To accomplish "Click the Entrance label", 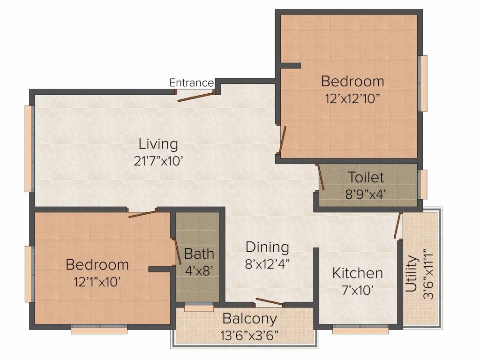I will point(191,83).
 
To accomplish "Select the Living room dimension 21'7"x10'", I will point(158,161).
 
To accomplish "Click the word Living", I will point(158,144).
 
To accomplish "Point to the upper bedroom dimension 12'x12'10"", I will point(352,99).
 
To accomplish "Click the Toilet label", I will point(366,178).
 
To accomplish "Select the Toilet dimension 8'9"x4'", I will point(366,194).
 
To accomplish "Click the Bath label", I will point(199,254).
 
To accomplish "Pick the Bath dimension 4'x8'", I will point(199,270).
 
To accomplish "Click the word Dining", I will point(267,247).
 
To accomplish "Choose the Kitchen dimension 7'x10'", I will point(357,290).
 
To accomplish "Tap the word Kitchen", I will point(357,273).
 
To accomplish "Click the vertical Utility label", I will point(412,274).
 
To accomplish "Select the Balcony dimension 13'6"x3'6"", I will point(249,336).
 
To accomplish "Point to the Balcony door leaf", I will point(270,302).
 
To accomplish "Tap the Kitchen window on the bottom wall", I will point(360,330).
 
